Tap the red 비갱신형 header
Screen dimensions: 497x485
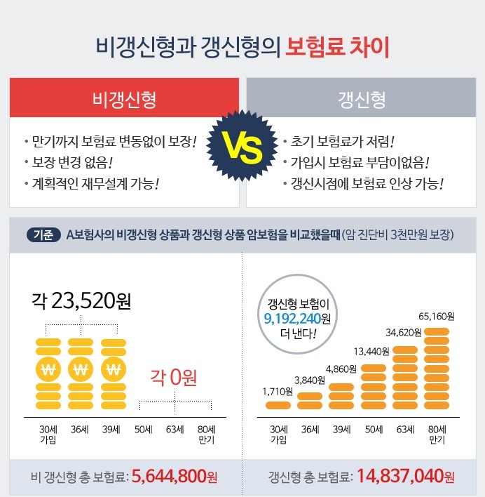124,98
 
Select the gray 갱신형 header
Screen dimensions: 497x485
361,98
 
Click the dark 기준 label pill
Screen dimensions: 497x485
42,234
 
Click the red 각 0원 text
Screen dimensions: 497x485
174,378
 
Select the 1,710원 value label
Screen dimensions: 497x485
278,391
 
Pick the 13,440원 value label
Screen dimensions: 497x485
371,350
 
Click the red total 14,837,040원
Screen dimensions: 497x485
406,477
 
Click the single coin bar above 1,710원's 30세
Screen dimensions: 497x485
278,405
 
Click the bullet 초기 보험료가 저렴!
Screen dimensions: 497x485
339,140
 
